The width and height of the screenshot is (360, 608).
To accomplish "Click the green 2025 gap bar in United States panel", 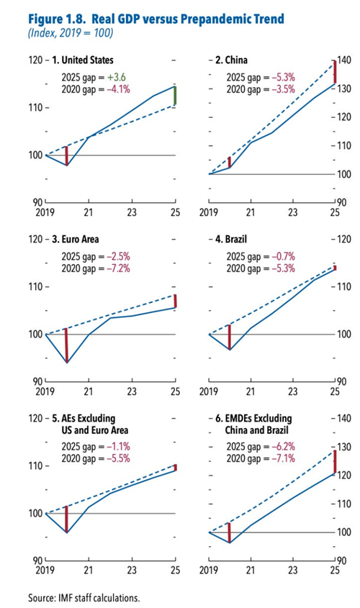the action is click(x=175, y=96).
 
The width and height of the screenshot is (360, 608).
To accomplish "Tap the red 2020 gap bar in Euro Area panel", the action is click(x=67, y=345).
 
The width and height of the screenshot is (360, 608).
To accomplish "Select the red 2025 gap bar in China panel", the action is click(x=335, y=72).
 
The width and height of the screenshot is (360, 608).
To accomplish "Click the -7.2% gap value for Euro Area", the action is click(x=118, y=268).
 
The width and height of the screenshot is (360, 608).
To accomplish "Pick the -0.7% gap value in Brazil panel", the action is click(x=283, y=256).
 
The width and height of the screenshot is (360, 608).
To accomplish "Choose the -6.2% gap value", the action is click(x=283, y=446).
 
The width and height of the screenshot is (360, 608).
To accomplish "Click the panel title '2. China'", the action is click(x=231, y=60).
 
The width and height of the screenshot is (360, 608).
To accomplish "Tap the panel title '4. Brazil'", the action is click(x=231, y=239).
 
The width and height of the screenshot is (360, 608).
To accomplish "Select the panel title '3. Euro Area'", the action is click(x=76, y=239).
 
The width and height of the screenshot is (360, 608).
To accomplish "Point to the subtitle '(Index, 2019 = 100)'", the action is click(x=71, y=33).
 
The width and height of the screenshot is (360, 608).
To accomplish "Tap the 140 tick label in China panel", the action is click(x=343, y=60).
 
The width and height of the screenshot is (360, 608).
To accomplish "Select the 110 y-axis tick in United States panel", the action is click(x=36, y=107).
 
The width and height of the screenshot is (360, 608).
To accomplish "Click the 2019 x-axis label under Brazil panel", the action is click(x=209, y=391).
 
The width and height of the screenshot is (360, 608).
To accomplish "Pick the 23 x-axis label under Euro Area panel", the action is click(x=132, y=391).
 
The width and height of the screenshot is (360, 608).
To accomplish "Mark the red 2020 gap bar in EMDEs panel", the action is click(x=230, y=532).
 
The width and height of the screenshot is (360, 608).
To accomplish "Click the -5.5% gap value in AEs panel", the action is click(x=118, y=458).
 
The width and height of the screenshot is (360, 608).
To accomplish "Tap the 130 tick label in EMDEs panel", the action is click(x=343, y=447).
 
